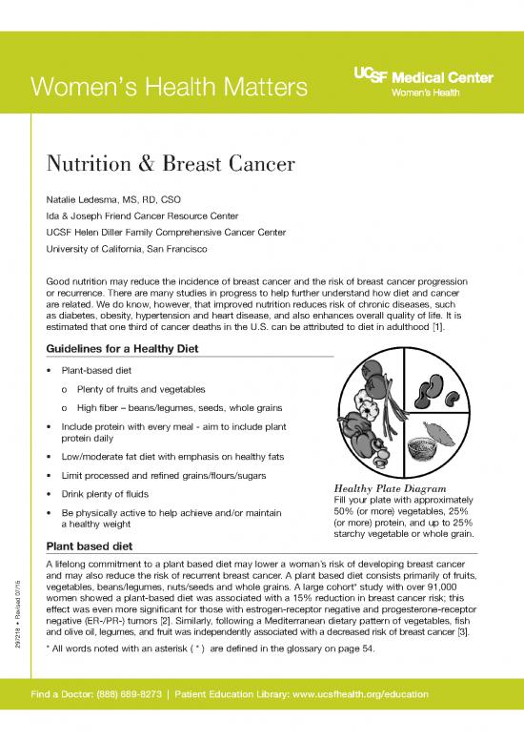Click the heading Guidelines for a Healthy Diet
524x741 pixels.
(x=122, y=349)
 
